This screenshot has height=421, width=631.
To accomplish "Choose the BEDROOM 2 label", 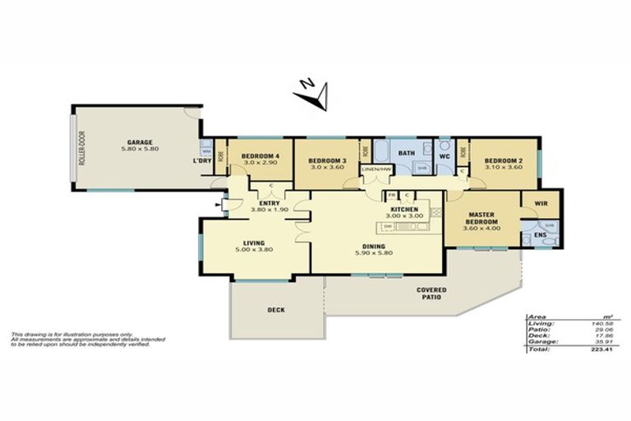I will click(x=504, y=160).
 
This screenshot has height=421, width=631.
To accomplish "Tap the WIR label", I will click(x=541, y=202).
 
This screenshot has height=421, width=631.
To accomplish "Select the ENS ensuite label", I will click(x=540, y=236).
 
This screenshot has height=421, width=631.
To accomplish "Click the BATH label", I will click(x=406, y=153).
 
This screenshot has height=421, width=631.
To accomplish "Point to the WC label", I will click(x=444, y=155).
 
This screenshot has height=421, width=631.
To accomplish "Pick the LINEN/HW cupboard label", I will click(x=375, y=169).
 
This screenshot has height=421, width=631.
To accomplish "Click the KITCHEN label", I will click(x=404, y=210).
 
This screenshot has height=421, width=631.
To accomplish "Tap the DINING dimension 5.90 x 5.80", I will click(x=374, y=252).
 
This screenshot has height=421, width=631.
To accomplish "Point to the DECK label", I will click(x=276, y=310).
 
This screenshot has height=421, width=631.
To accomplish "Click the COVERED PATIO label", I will click(x=431, y=294).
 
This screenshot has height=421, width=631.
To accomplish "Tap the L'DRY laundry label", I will click(x=201, y=160).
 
